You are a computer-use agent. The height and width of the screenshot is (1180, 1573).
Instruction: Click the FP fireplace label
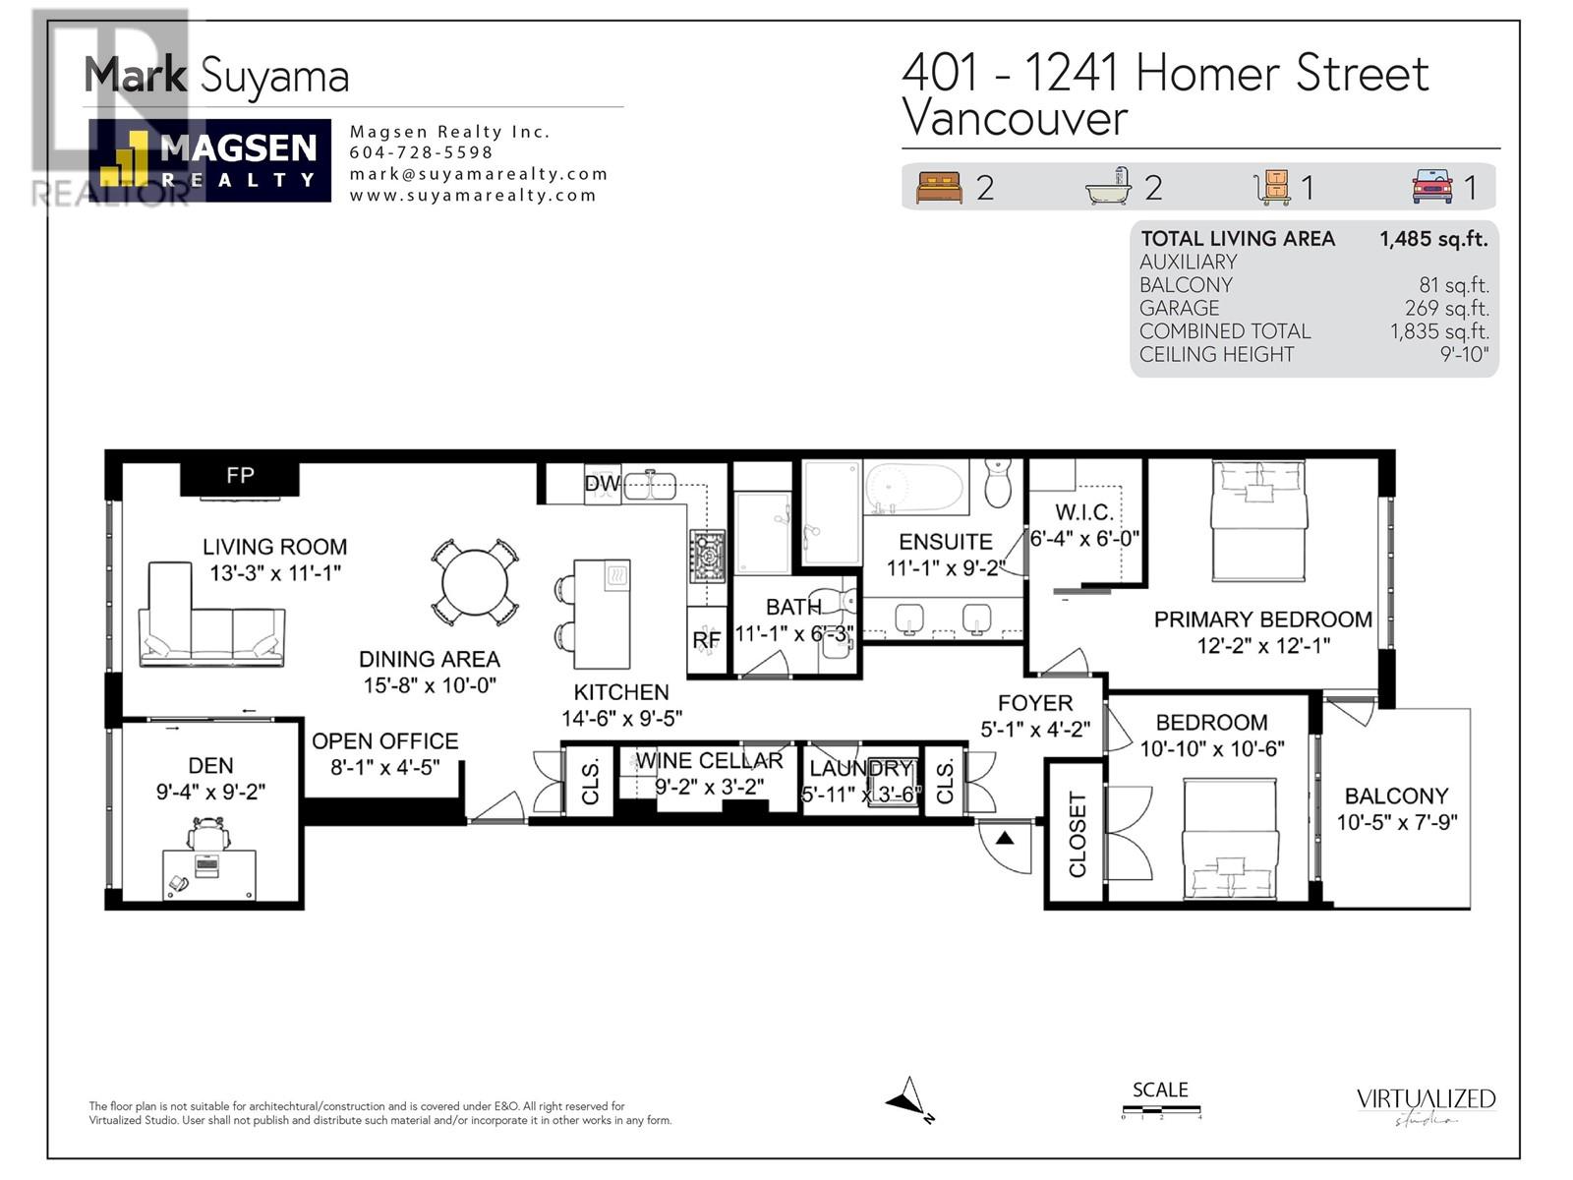pyautogui.click(x=240, y=476)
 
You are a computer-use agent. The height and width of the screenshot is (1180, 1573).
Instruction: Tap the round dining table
pyautogui.click(x=474, y=582)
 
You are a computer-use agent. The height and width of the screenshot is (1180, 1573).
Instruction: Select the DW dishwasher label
pyautogui.click(x=602, y=484)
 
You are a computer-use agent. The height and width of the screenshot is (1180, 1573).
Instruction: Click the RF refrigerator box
pyautogui.click(x=707, y=640)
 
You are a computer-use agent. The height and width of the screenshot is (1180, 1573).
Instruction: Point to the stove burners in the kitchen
pyautogui.click(x=707, y=557)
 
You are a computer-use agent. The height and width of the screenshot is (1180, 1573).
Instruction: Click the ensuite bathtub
pyautogui.click(x=914, y=488)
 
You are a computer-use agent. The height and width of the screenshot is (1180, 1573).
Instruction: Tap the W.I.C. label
pyautogui.click(x=1084, y=512)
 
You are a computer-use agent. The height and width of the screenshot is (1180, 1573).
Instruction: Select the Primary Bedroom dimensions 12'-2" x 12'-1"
pyautogui.click(x=1263, y=646)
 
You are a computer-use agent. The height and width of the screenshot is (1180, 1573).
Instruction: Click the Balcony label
pyautogui.click(x=1396, y=796)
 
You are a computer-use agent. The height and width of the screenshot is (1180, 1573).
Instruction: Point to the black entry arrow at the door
pyautogui.click(x=1005, y=839)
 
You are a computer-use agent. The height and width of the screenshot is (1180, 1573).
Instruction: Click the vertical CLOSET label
pyautogui.click(x=1078, y=834)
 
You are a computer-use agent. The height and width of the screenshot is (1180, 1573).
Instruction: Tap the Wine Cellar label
pyautogui.click(x=709, y=760)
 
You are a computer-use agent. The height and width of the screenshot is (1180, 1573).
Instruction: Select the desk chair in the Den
pyautogui.click(x=209, y=836)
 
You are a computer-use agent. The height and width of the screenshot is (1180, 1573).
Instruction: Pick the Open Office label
pyautogui.click(x=384, y=740)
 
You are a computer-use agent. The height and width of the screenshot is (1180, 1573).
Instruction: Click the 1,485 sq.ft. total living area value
pyautogui.click(x=1433, y=238)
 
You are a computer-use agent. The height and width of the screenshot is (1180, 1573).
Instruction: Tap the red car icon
pyautogui.click(x=1432, y=186)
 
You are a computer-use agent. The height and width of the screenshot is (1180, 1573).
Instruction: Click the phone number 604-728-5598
pyautogui.click(x=421, y=152)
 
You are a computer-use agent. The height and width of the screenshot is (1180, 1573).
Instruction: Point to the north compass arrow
pyautogui.click(x=908, y=1098)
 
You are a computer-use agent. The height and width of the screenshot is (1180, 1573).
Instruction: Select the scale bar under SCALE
pyautogui.click(x=1161, y=1112)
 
